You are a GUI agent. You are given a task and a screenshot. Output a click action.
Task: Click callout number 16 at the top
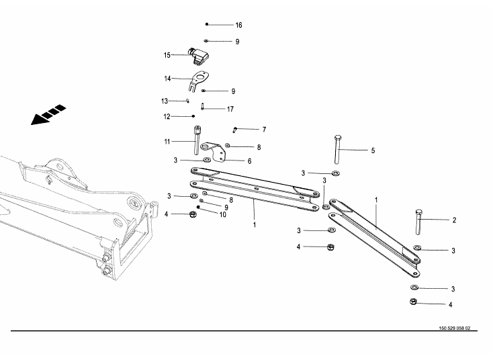tap(238, 25)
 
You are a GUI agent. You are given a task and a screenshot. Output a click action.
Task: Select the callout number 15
tap(167, 55)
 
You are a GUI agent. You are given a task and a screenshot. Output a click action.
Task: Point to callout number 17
tap(230, 109)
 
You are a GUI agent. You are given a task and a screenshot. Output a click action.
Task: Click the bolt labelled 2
tap(419, 222)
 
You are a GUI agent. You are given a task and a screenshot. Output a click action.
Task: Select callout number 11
tap(167, 141)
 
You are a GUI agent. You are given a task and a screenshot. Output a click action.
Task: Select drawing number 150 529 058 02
tap(449, 329)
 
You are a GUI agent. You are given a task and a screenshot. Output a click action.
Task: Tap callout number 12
tap(167, 117)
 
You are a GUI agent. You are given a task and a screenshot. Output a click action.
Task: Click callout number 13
tap(164, 101)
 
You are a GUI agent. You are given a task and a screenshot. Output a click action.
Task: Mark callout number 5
tap(373, 150)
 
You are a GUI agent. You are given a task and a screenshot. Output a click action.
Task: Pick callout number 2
tap(454, 220)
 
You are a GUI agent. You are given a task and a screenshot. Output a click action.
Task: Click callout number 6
tap(249, 161)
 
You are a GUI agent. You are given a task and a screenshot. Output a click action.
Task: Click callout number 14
tap(167, 79)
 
